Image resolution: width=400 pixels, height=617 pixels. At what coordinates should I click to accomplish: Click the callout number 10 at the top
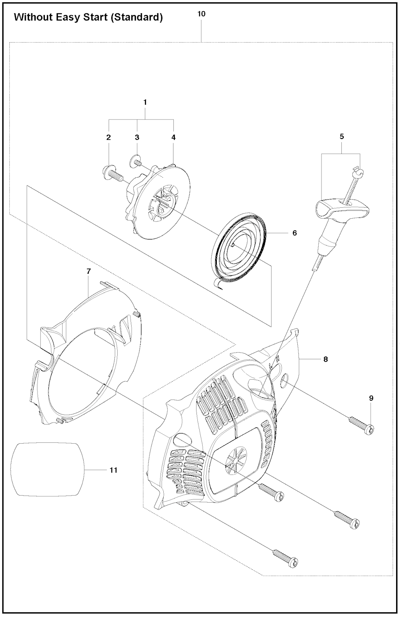pos(202,14)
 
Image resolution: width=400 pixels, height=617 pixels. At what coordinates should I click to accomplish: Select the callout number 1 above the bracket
pos(145,102)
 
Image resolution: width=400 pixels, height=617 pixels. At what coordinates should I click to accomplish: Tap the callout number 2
pos(109,137)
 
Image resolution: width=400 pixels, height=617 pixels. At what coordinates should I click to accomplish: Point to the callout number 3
pos(137,137)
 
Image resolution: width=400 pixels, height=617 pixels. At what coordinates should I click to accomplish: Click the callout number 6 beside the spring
pos(295,233)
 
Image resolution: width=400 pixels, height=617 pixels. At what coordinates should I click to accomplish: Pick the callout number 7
pos(88,271)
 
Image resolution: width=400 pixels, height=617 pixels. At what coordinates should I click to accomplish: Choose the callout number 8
pos(326,359)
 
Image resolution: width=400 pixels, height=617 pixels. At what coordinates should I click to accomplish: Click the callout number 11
pos(114,470)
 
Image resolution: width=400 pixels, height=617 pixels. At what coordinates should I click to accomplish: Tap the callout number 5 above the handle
pos(341,137)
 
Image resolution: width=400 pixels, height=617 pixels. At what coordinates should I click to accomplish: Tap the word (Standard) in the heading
pos(138,18)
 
